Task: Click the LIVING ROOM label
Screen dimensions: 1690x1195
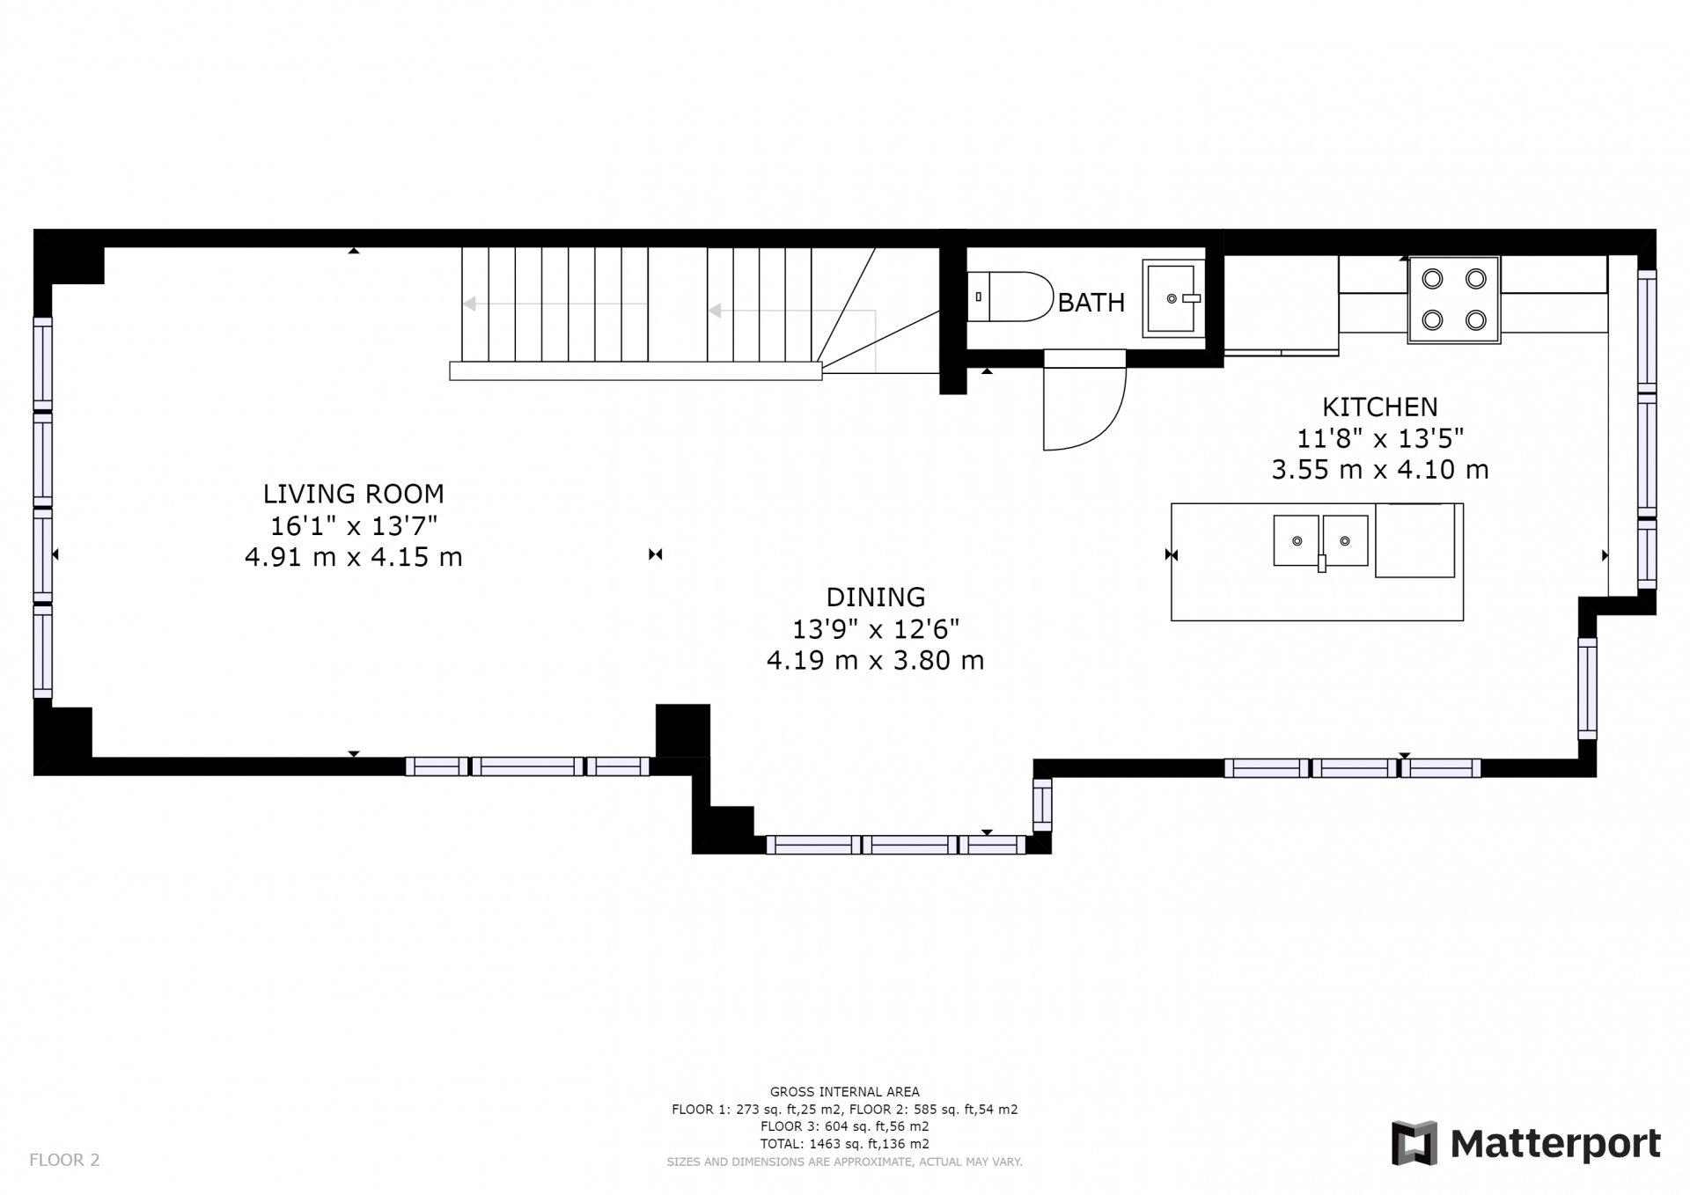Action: click(353, 494)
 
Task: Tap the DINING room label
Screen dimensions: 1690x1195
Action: click(876, 597)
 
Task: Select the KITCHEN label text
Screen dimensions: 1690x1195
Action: click(1379, 407)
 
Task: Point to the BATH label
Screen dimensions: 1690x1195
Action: click(1091, 303)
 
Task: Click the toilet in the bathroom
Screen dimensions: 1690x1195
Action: click(1010, 297)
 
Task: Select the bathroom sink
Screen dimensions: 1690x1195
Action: click(1173, 298)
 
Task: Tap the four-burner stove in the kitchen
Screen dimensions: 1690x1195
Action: click(1454, 300)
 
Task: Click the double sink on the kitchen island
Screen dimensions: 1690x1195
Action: click(1321, 541)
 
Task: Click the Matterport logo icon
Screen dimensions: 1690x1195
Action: click(1414, 1143)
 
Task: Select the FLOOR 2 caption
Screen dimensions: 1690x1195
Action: click(64, 1160)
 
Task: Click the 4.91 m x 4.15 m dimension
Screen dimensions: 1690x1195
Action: click(353, 557)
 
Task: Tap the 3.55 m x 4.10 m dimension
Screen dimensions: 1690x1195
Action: click(1379, 470)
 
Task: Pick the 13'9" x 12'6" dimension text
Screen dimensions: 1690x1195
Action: click(876, 629)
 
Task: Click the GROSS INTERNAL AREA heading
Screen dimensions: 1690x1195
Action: click(844, 1092)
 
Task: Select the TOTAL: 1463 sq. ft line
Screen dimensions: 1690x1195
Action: click(844, 1144)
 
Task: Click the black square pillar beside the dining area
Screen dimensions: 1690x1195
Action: click(683, 730)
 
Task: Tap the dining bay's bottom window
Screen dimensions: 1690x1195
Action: click(896, 845)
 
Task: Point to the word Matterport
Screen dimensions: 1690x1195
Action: click(1555, 1144)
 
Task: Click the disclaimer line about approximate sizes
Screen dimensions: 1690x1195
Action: click(844, 1162)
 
